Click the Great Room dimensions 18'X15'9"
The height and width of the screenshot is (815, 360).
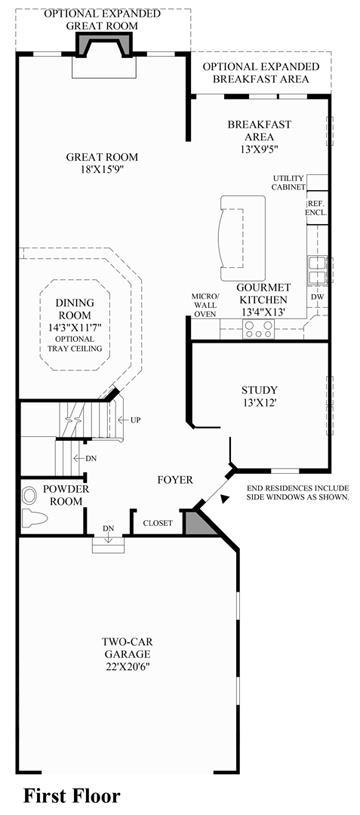coord(102,169)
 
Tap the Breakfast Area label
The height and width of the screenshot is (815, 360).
coord(260,131)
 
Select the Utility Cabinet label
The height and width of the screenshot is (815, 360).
coord(288,183)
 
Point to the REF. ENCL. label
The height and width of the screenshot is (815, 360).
coord(316,208)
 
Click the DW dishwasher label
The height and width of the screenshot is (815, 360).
coord(318,297)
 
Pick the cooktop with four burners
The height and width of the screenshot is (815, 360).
coord(259,328)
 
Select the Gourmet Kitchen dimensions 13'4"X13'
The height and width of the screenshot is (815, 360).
coord(262,312)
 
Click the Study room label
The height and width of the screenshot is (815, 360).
coord(259,390)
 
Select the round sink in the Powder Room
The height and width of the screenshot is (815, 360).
coord(30,495)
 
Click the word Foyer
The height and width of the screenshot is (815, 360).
coord(175,480)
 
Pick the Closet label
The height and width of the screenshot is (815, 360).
coord(157,523)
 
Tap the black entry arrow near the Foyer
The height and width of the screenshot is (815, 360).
coord(224,499)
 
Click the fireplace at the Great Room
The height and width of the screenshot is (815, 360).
coord(103,44)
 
